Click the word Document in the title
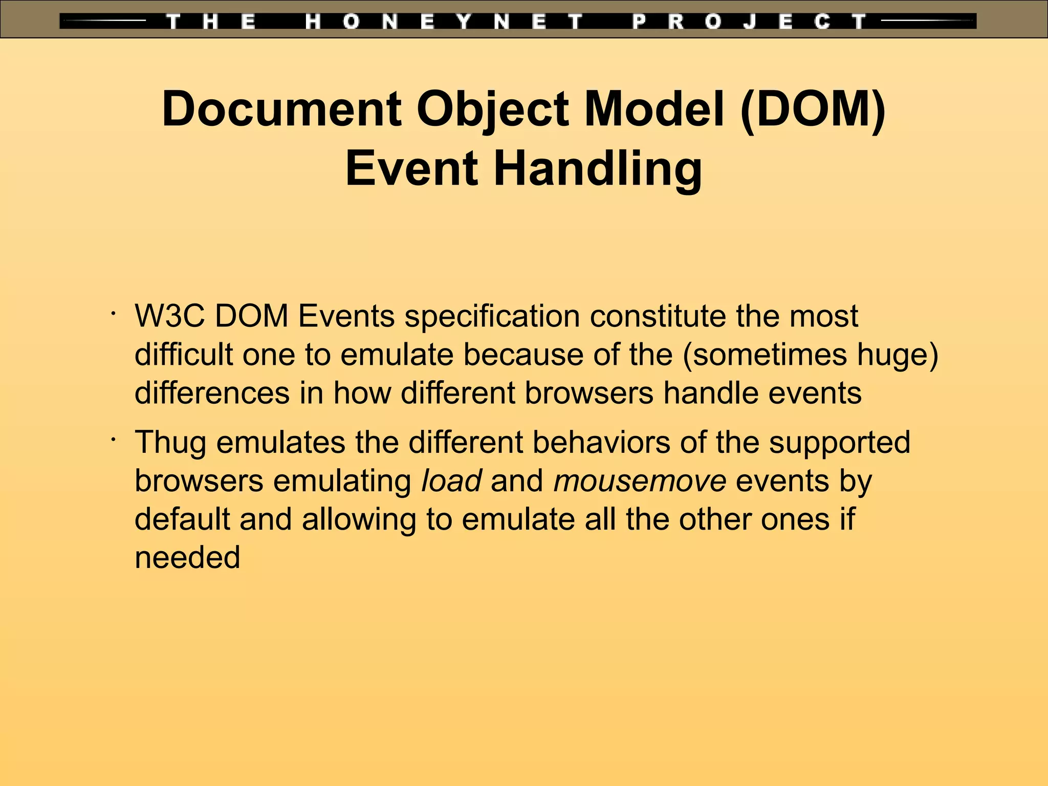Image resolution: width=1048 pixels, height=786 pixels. (281, 109)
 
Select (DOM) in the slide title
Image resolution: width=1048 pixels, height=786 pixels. (813, 109)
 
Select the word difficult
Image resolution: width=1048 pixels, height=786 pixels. (184, 355)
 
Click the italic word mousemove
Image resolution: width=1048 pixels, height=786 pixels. (640, 481)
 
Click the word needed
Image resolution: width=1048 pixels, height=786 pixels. (187, 558)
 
